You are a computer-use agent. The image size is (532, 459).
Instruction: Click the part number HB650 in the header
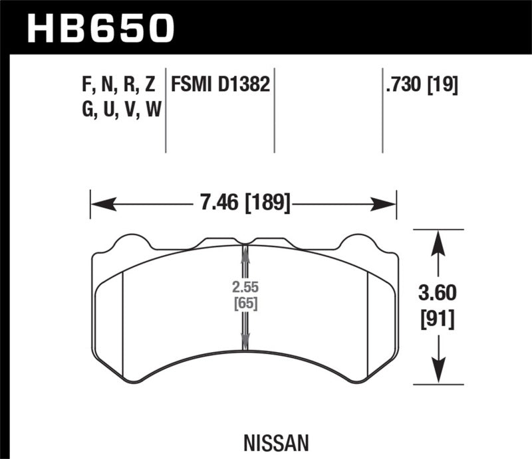coord(100,27)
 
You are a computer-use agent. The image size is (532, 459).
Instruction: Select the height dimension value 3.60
coord(436,292)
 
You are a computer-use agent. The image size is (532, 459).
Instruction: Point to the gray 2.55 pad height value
coord(245,290)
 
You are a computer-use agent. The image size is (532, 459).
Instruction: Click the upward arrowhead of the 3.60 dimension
coord(437,240)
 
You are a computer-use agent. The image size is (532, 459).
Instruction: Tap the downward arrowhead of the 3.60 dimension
coord(437,374)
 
